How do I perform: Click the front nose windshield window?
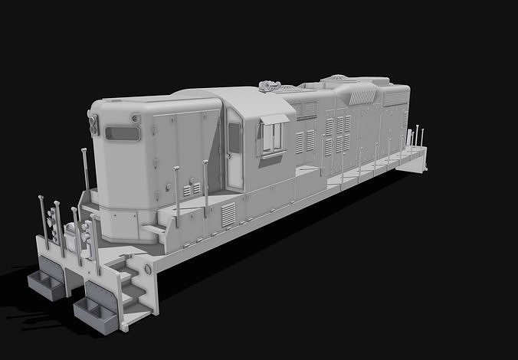click(123, 133)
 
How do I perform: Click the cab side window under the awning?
click(272, 138)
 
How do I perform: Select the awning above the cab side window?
click(275, 119)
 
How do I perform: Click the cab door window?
click(234, 138)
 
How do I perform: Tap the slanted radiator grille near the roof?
click(361, 96)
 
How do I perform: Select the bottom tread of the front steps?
click(137, 306)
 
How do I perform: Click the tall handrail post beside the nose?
click(84, 172)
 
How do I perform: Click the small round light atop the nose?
click(136, 119)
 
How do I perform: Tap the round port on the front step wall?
click(149, 270)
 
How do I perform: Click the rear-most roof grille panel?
click(395, 98)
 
